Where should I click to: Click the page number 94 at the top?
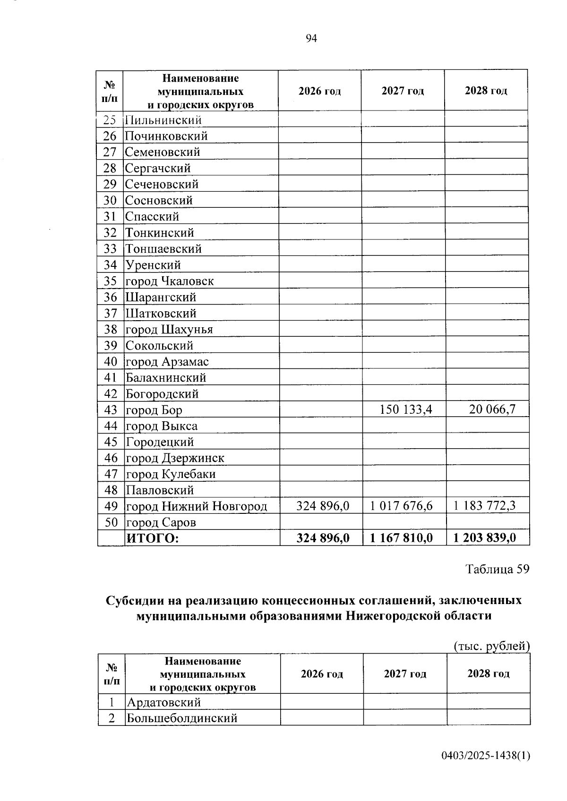click(x=311, y=39)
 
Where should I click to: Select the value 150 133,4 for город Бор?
click(x=405, y=409)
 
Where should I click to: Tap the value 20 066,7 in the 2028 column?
click(x=492, y=409)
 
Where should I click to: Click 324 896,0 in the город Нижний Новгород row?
click(x=323, y=506)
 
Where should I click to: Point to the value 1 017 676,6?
click(x=401, y=506)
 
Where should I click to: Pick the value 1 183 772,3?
click(x=484, y=506)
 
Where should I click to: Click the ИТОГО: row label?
click(x=152, y=538)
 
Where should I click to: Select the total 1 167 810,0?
click(x=401, y=538)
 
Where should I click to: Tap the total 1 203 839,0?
click(x=484, y=538)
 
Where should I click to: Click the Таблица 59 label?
click(x=498, y=569)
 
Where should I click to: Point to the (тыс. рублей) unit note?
click(x=491, y=646)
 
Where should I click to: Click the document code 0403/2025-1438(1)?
click(x=486, y=756)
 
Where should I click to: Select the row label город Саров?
click(x=161, y=522)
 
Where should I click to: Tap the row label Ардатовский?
click(x=163, y=702)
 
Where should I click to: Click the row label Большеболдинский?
click(x=181, y=718)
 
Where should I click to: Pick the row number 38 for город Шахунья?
click(x=110, y=329)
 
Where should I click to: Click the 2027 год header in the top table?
click(x=403, y=91)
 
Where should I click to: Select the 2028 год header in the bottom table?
click(x=488, y=673)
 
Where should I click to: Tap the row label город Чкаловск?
click(x=169, y=281)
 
